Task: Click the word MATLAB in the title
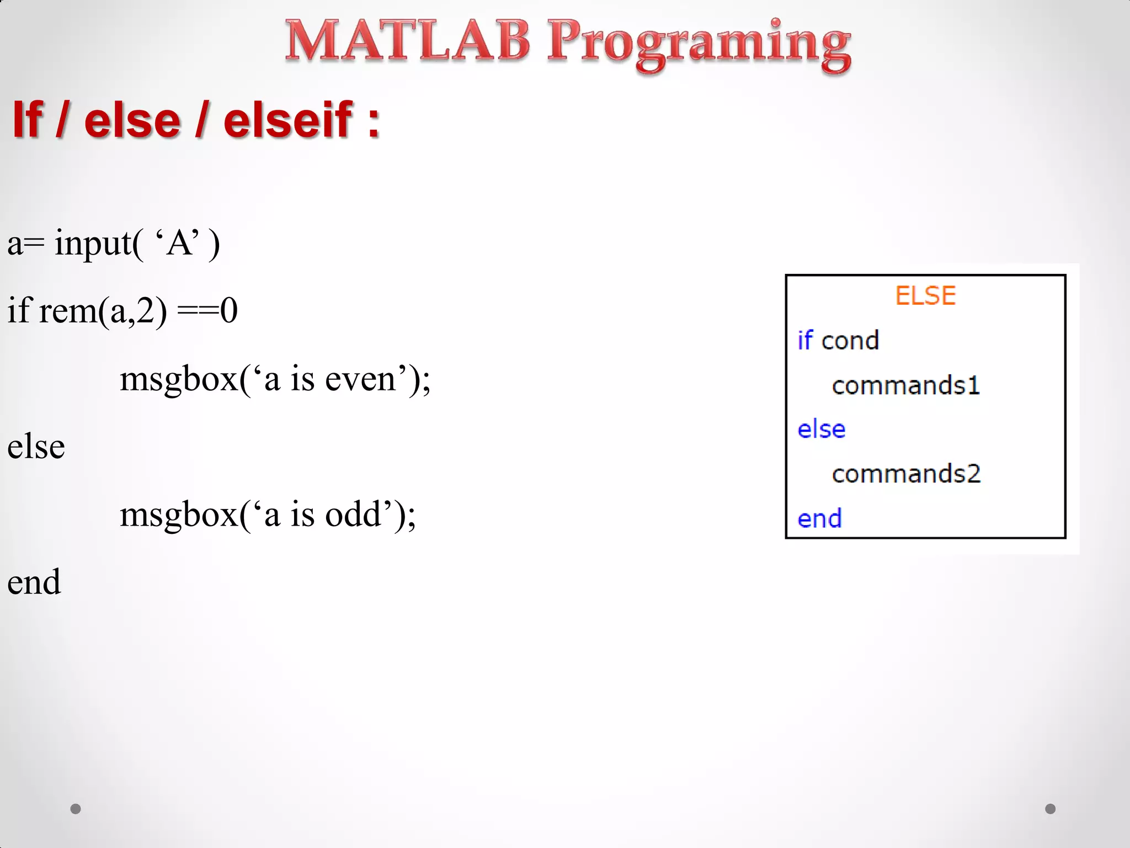click(x=407, y=41)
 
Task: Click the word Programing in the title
click(x=698, y=44)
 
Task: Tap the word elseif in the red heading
click(x=287, y=120)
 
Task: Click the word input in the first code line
click(x=93, y=243)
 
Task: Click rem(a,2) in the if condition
click(x=103, y=311)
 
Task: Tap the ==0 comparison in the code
click(x=207, y=311)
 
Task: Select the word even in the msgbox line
click(x=360, y=380)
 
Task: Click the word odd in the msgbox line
click(x=353, y=515)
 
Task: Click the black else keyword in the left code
click(x=36, y=447)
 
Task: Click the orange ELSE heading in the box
click(x=925, y=296)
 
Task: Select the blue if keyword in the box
click(x=805, y=340)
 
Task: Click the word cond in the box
click(x=850, y=341)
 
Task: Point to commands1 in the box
click(x=905, y=385)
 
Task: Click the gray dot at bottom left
click(x=76, y=809)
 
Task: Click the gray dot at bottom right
click(x=1050, y=809)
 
